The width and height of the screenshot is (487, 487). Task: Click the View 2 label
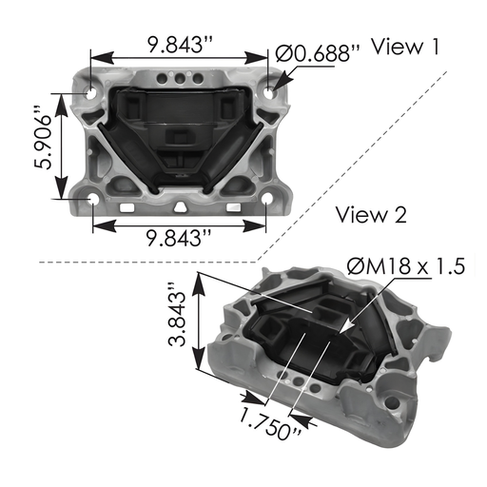tap(372, 216)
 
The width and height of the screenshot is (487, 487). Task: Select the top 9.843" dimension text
tap(179, 42)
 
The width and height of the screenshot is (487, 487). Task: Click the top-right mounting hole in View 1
tap(268, 92)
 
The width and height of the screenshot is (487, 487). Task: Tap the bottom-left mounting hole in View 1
tap(92, 200)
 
